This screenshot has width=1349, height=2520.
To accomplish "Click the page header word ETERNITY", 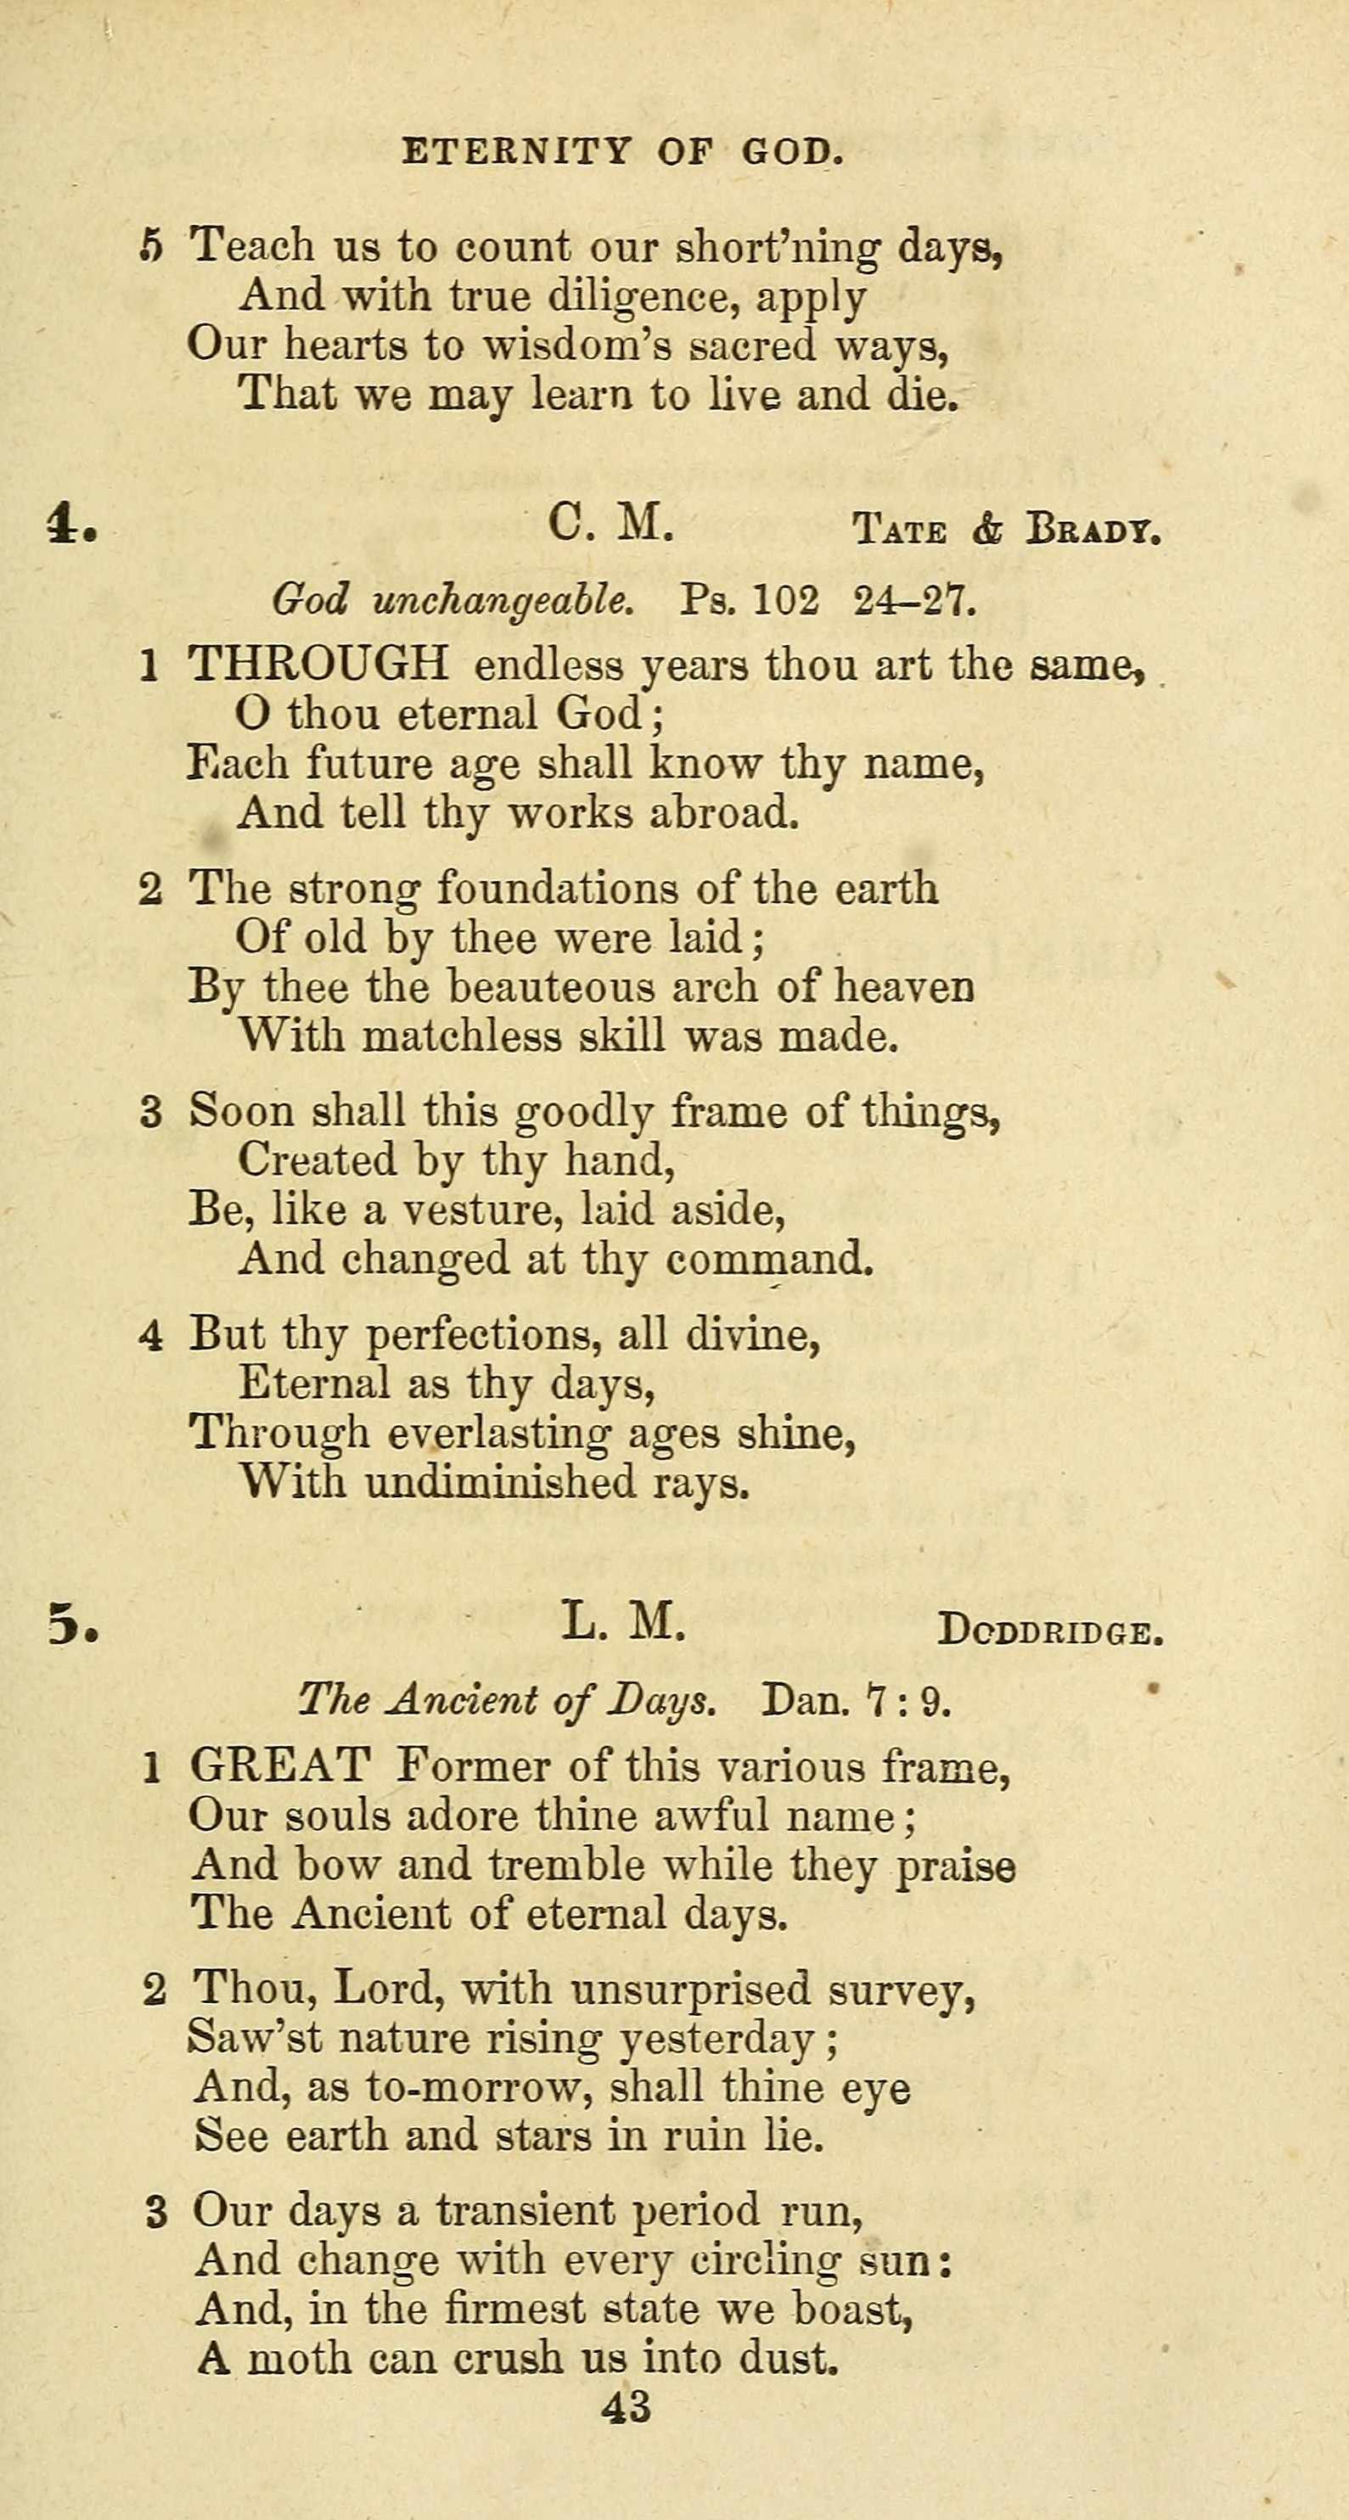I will pyautogui.click(x=516, y=152).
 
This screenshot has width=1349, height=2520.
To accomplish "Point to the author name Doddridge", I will pyautogui.click(x=1049, y=1631).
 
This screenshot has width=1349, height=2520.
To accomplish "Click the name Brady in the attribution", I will pyautogui.click(x=1093, y=531).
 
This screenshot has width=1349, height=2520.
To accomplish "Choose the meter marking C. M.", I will pyautogui.click(x=611, y=525).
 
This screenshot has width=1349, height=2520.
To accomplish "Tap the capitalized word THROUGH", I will pyautogui.click(x=318, y=665).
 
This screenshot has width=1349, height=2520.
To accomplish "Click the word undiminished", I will pyautogui.click(x=499, y=1482).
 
